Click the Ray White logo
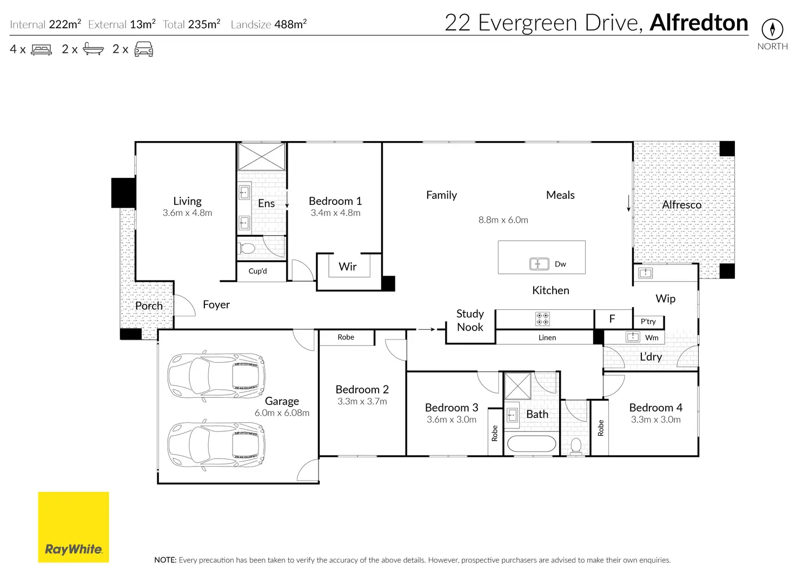[x=73, y=527]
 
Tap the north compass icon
[x=772, y=29]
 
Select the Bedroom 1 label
[x=335, y=201]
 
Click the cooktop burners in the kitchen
[x=542, y=319]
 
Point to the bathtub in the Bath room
[x=531, y=444]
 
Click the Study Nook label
[x=470, y=320]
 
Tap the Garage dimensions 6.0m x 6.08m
[x=282, y=413]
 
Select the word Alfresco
[x=681, y=205]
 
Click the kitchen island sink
[x=539, y=264]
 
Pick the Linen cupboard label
[x=547, y=337]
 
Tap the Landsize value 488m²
[x=290, y=24]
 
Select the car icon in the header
[x=143, y=49]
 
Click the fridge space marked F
[x=613, y=319]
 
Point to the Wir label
[x=347, y=267]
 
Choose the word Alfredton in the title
[x=699, y=23]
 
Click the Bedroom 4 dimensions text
[x=655, y=419]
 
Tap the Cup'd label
[x=257, y=271]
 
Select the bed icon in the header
[x=41, y=49]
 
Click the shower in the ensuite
[x=262, y=157]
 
